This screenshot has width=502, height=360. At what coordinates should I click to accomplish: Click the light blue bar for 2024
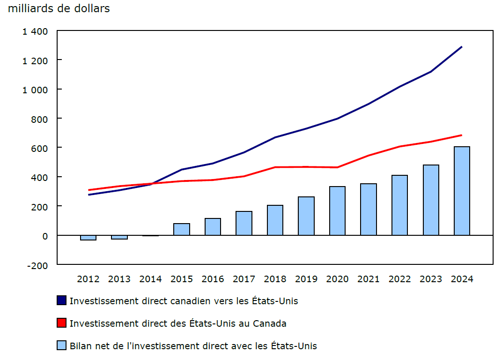[462, 191]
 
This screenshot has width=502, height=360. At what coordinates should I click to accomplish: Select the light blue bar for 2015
[182, 229]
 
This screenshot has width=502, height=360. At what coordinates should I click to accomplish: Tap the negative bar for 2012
[89, 238]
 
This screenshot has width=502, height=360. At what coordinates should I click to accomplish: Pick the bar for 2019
[306, 216]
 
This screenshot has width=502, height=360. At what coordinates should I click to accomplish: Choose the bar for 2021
[369, 210]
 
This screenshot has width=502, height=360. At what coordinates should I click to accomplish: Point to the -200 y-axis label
[37, 265]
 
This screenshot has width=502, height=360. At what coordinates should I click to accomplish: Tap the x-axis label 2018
[275, 279]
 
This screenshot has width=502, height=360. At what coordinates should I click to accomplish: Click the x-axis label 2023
[431, 279]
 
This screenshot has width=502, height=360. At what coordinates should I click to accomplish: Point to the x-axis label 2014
[150, 279]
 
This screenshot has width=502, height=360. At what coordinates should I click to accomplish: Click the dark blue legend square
[61, 300]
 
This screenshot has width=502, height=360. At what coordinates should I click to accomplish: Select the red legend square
[61, 323]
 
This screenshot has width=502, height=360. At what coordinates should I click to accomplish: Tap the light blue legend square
[61, 345]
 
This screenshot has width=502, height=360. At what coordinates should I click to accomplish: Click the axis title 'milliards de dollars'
[59, 8]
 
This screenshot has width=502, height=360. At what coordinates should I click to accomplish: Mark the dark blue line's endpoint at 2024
[462, 47]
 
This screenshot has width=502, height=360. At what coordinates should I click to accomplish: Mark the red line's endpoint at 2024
[462, 135]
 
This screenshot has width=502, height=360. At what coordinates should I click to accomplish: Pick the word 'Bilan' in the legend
[81, 346]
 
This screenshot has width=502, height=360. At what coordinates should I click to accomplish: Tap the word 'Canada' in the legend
[270, 323]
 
